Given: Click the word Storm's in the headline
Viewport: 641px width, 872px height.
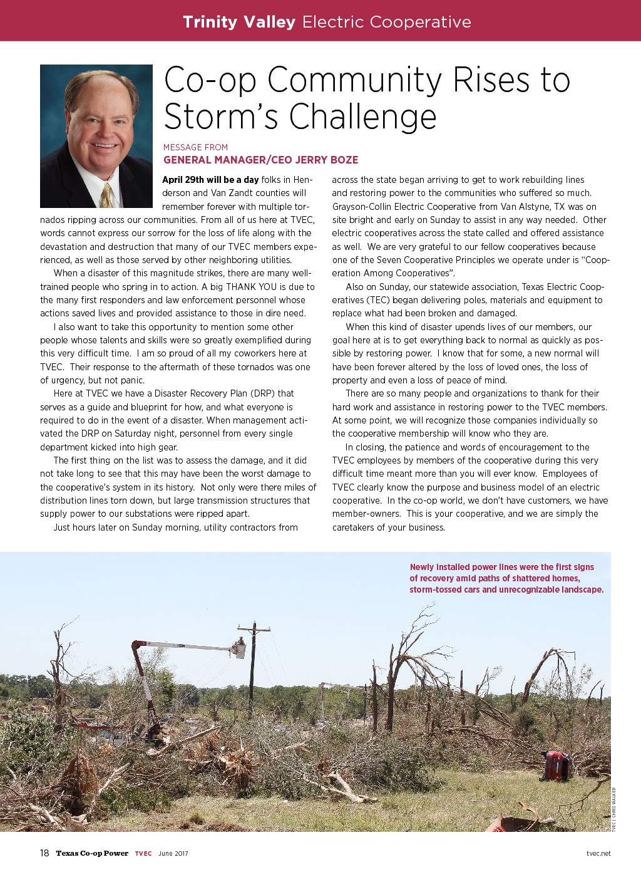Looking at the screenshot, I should [222, 117].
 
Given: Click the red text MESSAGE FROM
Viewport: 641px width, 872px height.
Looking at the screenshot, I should [195, 147].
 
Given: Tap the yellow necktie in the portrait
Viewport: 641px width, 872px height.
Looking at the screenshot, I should [107, 195].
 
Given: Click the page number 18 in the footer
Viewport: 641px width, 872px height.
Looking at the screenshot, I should [44, 853].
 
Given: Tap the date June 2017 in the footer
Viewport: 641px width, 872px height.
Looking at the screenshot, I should [173, 853].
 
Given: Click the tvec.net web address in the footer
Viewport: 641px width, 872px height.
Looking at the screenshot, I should [598, 853].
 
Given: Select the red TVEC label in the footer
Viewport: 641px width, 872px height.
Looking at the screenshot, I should [143, 853].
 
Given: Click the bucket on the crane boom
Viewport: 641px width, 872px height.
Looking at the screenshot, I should [238, 648].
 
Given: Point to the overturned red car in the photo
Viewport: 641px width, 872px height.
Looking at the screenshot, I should [556, 766].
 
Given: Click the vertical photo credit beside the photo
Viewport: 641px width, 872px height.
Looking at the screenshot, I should [613, 809].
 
